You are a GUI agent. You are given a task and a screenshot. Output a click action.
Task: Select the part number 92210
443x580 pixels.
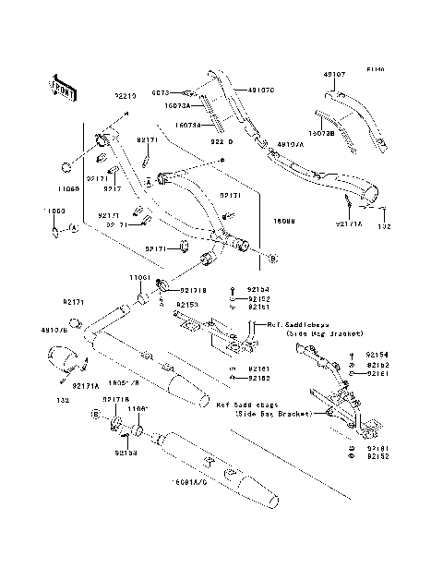tap(126, 95)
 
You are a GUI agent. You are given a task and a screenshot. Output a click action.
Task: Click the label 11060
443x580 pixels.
tap(69, 187)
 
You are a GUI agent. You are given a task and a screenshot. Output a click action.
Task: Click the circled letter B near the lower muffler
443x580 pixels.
tap(94, 417)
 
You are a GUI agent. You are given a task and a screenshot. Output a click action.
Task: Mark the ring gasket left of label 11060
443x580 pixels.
tap(66, 167)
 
